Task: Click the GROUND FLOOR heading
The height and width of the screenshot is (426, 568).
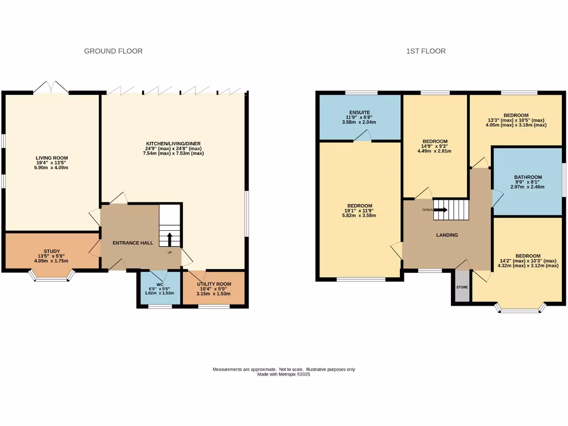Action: tap(113, 51)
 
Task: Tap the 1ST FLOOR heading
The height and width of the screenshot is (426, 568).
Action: tap(425, 51)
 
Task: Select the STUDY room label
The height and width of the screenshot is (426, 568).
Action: tap(52, 251)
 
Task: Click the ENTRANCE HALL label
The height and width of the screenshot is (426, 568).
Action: tap(129, 243)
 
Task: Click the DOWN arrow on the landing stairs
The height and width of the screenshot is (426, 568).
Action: tap(441, 210)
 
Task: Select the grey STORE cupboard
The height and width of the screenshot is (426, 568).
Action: tap(462, 287)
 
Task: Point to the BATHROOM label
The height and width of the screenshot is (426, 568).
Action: tap(528, 177)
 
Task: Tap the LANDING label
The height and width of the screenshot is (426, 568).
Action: tap(447, 235)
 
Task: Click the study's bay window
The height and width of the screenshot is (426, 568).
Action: tap(52, 276)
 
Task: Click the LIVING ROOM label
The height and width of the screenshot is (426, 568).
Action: tap(52, 158)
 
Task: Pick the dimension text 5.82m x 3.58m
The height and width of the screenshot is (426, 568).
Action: tap(359, 215)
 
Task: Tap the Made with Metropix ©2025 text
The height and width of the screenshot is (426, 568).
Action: tap(283, 374)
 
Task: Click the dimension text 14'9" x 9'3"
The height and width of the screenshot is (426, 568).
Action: tap(435, 145)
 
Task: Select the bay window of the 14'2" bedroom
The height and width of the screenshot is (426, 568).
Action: tap(520, 308)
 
